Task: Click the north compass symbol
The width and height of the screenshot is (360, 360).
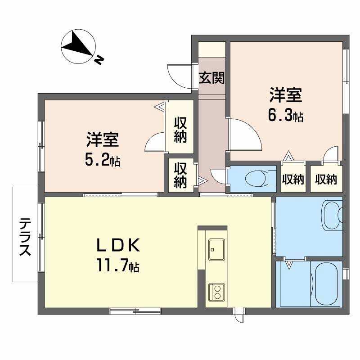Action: pyautogui.click(x=77, y=46)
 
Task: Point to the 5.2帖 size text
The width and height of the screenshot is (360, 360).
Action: pyautogui.click(x=102, y=160)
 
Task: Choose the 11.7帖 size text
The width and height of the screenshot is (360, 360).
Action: pyautogui.click(x=116, y=266)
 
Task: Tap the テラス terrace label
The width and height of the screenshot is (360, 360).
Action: pyautogui.click(x=25, y=235)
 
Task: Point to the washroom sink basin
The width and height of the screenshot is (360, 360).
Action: pyautogui.click(x=332, y=213)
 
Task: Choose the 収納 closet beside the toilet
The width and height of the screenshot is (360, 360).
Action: pyautogui.click(x=293, y=179)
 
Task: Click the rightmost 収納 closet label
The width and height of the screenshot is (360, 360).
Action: pyautogui.click(x=326, y=179)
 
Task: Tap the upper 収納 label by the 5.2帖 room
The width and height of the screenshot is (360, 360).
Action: pyautogui.click(x=180, y=129)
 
